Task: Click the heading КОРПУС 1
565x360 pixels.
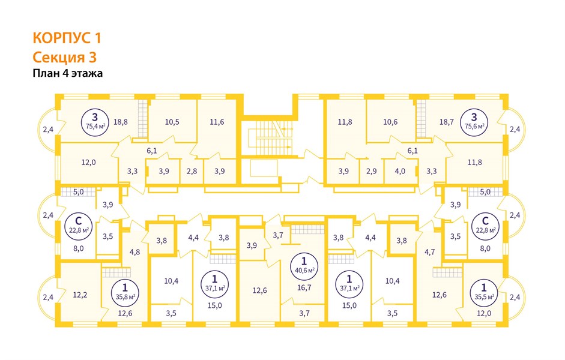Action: coord(67,38)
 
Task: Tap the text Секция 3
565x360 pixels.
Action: coord(65,58)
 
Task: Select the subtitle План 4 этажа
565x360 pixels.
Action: coord(68,73)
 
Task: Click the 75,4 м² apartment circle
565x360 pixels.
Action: coord(95,122)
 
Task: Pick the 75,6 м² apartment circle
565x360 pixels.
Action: coord(474,122)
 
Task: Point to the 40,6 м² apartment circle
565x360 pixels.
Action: coord(304,265)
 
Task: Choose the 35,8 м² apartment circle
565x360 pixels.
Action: coord(125,292)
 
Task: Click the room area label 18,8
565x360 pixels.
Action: coord(120,122)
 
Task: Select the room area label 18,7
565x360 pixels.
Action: coord(447,122)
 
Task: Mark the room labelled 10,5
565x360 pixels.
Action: coord(172,122)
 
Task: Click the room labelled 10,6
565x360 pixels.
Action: coord(390,122)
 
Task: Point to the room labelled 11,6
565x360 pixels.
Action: coord(217,122)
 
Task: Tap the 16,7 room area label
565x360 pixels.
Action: coord(304,287)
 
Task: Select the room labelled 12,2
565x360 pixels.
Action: coord(80,295)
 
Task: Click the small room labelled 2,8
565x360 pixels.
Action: coord(192,171)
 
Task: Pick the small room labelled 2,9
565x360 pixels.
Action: coord(371,171)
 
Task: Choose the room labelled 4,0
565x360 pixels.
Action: coord(400,171)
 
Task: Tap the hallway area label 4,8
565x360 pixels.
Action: coord(134,252)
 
